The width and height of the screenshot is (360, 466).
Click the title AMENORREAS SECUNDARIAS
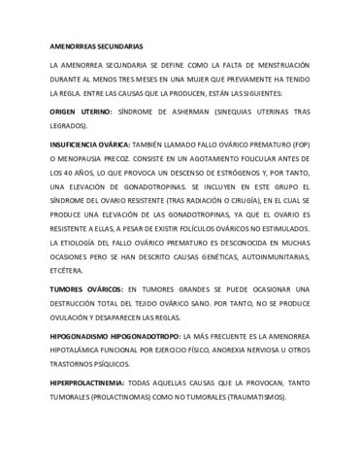[x=95, y=46]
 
